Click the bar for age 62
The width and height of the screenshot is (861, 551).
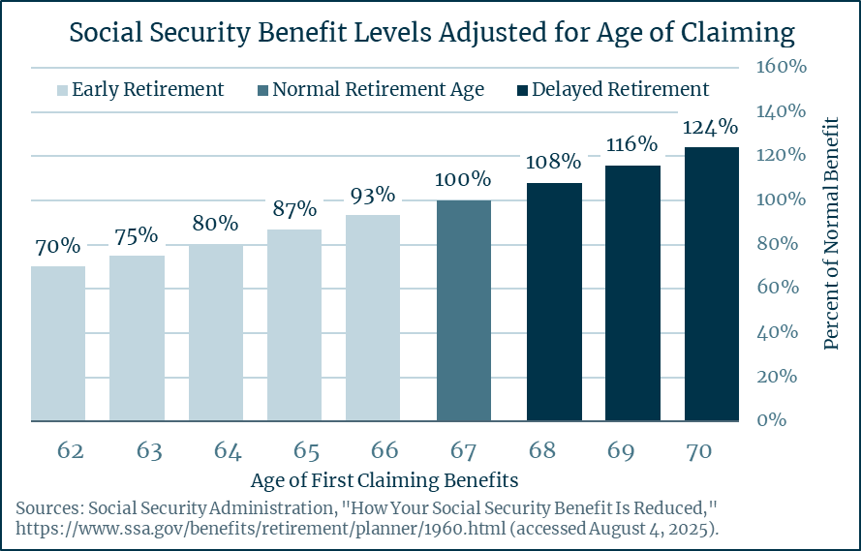pos(58,344)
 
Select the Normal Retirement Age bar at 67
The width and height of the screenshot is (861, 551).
pos(464,311)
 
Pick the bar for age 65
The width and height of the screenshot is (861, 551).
pos(294,325)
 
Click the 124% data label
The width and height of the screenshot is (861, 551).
pos(712,128)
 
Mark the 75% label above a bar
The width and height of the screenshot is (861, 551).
pos(137,235)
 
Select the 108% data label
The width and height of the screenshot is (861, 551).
pos(554,162)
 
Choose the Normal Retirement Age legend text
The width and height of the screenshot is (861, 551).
pos(378,90)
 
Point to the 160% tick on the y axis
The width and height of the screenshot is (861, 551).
pos(780,68)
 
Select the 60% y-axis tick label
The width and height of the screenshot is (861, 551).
pos(780,288)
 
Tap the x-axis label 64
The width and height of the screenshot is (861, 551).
pos(215,450)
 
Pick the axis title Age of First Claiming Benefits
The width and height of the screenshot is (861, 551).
pos(384,480)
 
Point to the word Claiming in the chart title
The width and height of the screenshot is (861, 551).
pos(735,34)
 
